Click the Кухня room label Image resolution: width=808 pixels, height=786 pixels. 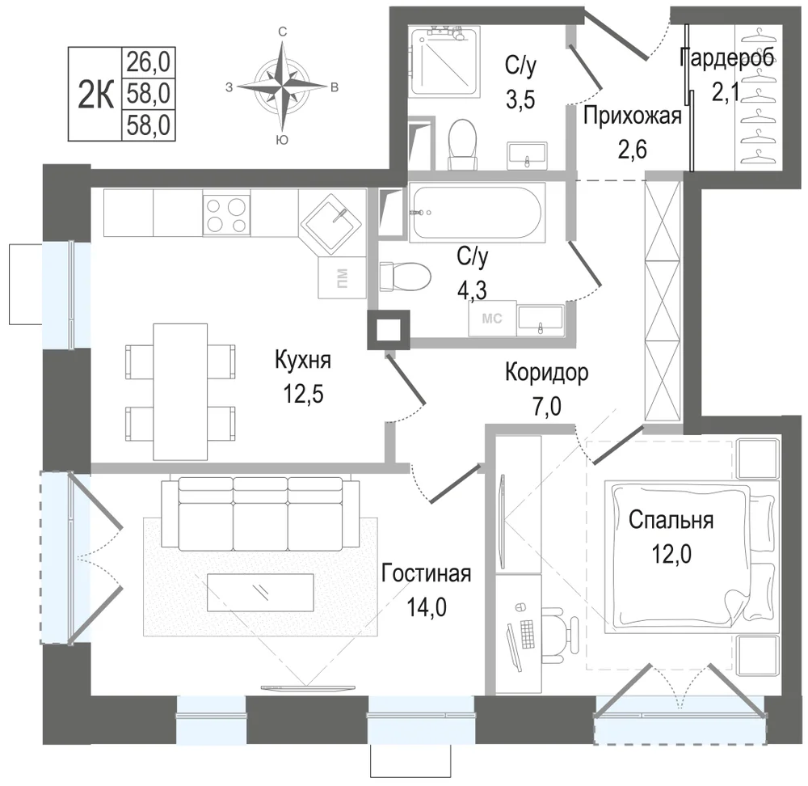pos(303,360)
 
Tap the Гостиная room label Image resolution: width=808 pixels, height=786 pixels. pos(427,573)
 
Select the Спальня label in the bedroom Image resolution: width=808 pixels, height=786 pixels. pos(671,521)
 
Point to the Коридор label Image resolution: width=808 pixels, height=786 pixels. pos(547,372)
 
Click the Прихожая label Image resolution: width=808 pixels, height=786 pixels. pos(633,116)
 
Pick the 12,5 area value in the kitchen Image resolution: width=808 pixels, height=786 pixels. pos(303,395)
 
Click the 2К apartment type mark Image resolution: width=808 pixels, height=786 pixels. pos(95,95)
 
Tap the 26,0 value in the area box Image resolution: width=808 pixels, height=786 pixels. pos(149,63)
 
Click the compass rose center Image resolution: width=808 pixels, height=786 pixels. pos(282,87)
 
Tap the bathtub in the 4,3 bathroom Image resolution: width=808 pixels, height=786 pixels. pos(477,213)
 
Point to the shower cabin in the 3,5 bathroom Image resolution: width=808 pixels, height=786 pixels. pos(444,61)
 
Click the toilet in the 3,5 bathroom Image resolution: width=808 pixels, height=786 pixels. pos(461,145)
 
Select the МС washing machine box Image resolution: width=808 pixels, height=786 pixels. pos(492,319)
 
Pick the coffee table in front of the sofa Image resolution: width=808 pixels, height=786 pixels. pos(260,592)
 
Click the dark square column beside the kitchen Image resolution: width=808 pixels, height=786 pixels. pos(389,330)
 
